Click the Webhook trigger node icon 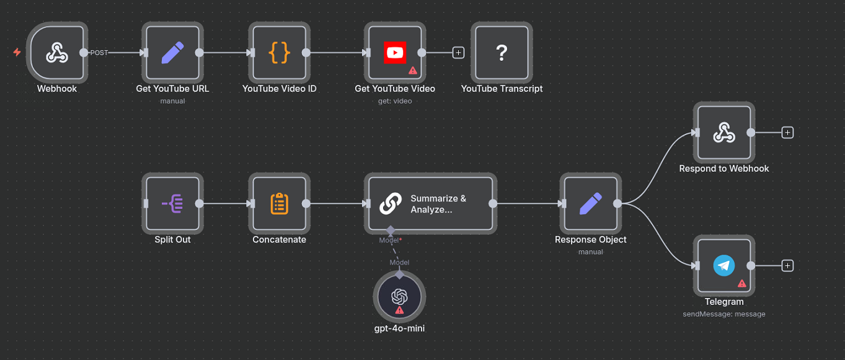57,53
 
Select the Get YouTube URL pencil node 172,53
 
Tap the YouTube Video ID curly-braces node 280,53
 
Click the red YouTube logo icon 395,53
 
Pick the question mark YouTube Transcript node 502,53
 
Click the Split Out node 172,203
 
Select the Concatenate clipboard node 280,203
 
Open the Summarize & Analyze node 430,203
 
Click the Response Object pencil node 590,203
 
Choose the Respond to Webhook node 723,133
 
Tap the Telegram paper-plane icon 723,266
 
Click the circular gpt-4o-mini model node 399,296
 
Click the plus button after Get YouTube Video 458,53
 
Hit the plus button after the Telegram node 787,266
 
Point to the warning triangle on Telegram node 741,284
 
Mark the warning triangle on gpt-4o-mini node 399,310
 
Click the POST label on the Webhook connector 99,53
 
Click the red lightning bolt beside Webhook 17,53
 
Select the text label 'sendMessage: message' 723,314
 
